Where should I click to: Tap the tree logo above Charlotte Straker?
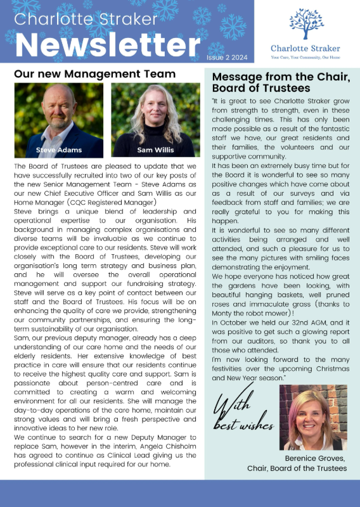(x=305, y=23)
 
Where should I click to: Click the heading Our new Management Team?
(x=94, y=74)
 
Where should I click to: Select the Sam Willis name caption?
(x=155, y=150)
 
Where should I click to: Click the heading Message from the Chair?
(x=280, y=82)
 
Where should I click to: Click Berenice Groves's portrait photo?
(x=312, y=416)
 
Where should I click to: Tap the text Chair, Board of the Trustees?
(x=297, y=468)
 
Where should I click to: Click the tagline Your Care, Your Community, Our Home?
(x=305, y=56)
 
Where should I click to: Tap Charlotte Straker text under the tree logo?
(x=305, y=48)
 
